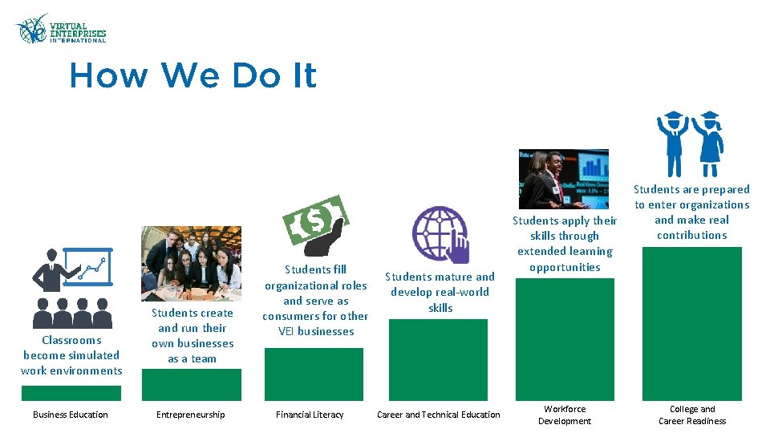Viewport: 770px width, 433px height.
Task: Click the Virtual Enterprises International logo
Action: click(60, 30)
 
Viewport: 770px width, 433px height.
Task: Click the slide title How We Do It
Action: click(193, 76)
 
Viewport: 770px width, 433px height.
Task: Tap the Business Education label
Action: click(71, 415)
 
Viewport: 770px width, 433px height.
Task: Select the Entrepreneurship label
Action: click(191, 415)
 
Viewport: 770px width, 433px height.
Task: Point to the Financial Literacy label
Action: click(310, 415)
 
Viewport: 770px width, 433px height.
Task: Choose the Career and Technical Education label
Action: click(439, 415)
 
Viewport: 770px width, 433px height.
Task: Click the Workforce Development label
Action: click(565, 415)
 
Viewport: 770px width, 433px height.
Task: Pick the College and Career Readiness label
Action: click(692, 415)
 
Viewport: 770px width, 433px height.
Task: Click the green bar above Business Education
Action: click(71, 393)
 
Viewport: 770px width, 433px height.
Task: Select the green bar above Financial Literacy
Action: click(314, 374)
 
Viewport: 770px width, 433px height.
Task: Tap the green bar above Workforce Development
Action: click(565, 338)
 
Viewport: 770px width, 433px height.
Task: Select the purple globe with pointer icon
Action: click(440, 235)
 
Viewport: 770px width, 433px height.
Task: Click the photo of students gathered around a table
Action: click(191, 263)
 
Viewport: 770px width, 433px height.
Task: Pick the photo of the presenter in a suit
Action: click(563, 179)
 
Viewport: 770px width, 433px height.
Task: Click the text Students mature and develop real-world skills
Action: click(440, 292)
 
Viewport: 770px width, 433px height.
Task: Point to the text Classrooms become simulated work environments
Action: click(71, 355)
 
